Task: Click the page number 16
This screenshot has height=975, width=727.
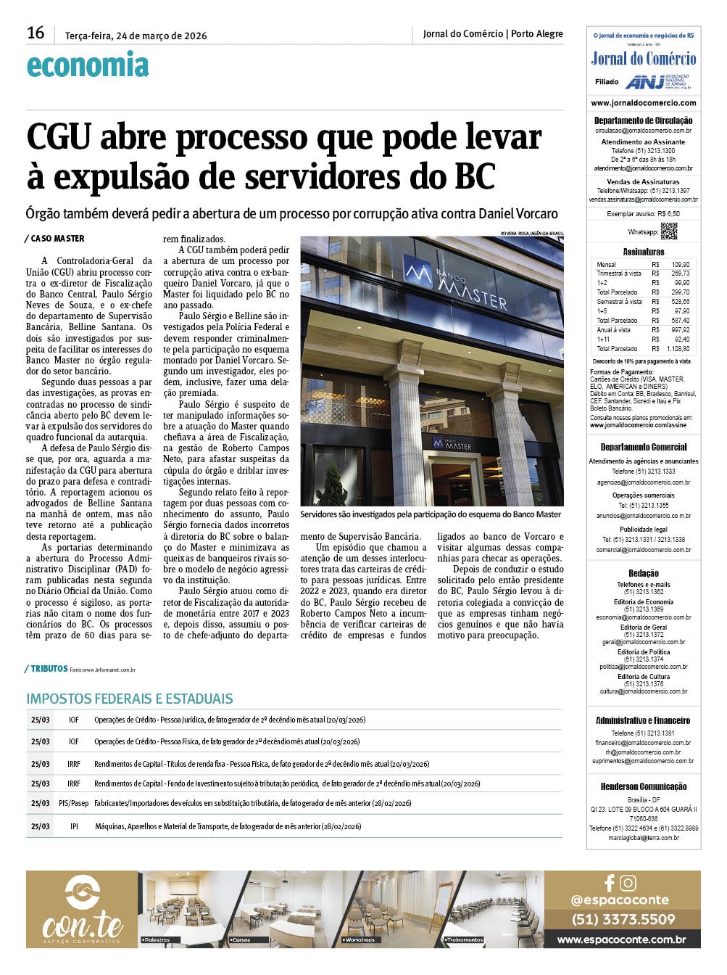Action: point(36,33)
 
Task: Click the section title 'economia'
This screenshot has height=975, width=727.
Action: point(88,65)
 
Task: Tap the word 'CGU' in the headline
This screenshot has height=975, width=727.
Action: point(58,137)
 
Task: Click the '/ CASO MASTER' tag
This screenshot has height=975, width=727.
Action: point(54,239)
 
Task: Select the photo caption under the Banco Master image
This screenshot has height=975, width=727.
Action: point(431,514)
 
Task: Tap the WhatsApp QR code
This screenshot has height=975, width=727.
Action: point(668,231)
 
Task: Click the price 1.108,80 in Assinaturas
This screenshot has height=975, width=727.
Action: point(678,349)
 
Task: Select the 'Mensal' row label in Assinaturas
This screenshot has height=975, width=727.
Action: point(606,265)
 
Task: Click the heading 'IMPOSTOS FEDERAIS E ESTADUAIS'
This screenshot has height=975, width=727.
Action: point(130,699)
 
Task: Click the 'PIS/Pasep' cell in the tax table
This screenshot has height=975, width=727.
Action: point(74,804)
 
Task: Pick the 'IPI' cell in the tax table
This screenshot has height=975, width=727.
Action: point(74,826)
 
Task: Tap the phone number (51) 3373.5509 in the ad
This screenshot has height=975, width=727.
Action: point(623,919)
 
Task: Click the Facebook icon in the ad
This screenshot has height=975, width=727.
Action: point(610,883)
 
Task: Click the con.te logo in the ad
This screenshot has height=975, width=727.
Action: point(82,910)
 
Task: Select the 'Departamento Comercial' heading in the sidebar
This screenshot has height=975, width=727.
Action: point(643,447)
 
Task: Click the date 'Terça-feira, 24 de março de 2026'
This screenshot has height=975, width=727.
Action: point(136,36)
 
